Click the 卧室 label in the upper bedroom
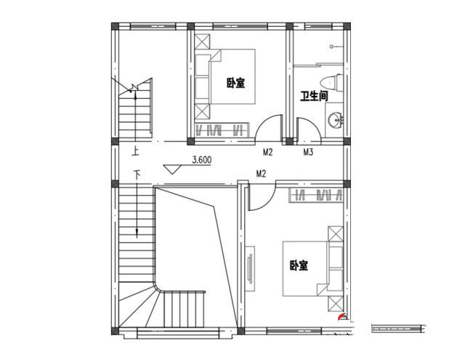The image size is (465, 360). (236, 83)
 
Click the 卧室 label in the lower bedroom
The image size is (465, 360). (299, 265)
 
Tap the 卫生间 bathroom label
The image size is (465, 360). (315, 96)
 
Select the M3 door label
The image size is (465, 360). (308, 152)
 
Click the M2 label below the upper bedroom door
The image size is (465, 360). (268, 152)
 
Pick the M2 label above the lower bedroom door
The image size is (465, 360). (261, 174)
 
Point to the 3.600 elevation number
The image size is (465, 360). (202, 160)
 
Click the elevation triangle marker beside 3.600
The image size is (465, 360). (172, 169)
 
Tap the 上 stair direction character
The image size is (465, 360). (136, 152)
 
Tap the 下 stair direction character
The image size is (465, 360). (137, 175)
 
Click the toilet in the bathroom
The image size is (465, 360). (331, 83)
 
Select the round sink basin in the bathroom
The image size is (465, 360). (336, 120)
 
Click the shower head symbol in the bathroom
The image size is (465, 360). (332, 47)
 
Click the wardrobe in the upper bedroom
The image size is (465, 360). (222, 129)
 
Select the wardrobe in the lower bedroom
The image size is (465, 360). (316, 196)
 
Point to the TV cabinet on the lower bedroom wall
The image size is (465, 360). (250, 268)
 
